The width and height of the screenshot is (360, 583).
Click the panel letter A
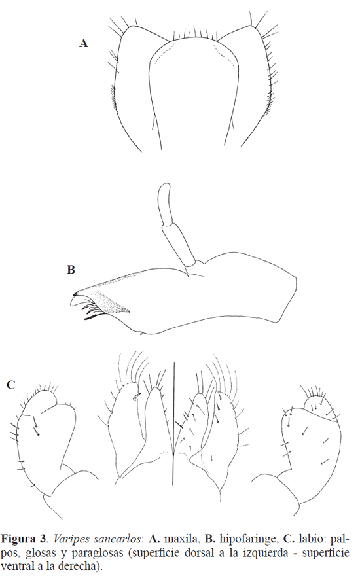click(84, 43)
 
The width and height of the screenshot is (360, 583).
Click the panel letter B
click(71, 270)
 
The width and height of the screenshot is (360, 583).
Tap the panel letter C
click(11, 385)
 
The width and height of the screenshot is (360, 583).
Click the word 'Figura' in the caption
click(18, 539)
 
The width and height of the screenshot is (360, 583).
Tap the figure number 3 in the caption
click(43, 539)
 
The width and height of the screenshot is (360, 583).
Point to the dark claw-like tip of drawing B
click(75, 295)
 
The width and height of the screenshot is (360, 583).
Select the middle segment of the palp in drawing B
click(178, 243)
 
